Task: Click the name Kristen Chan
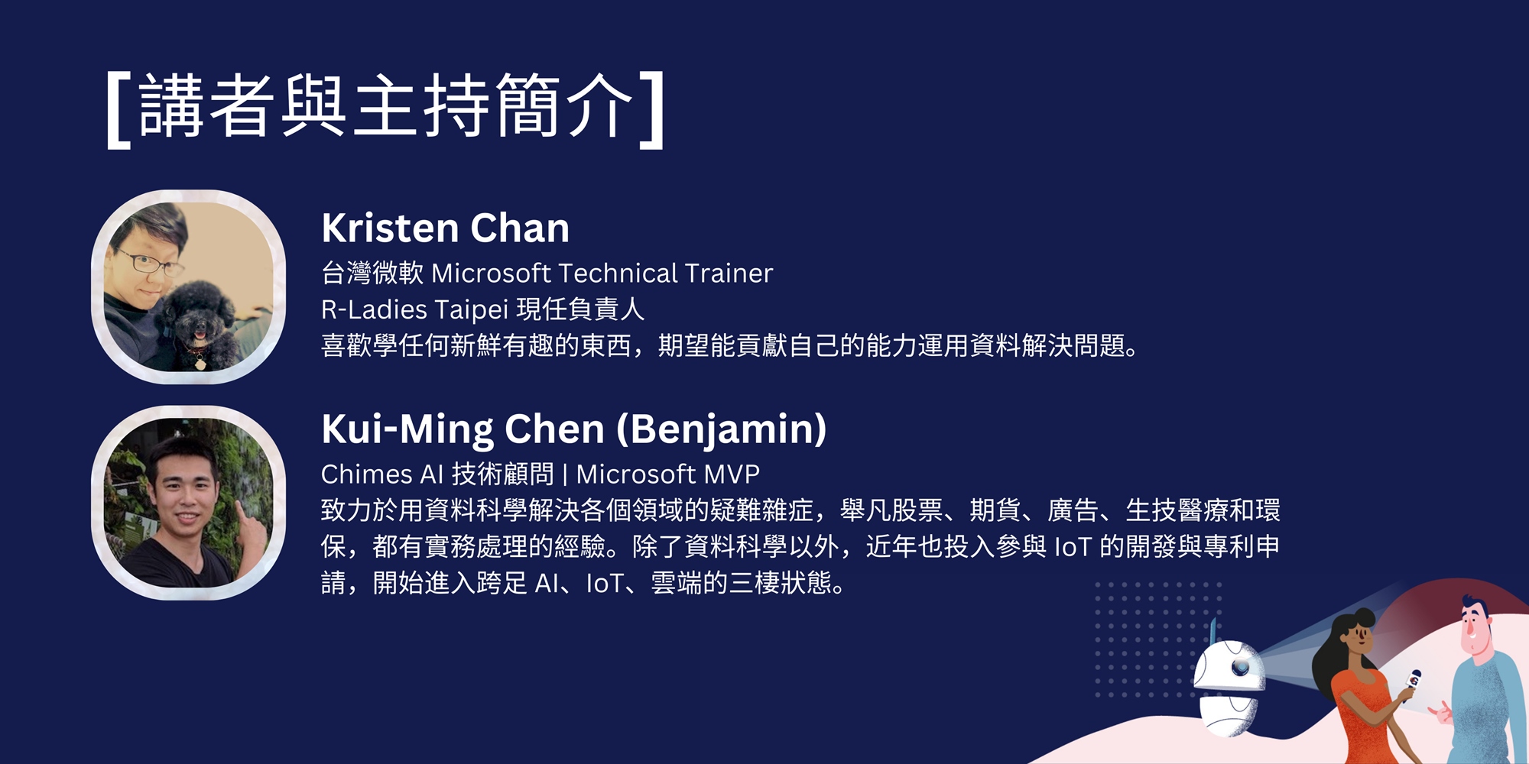point(446,228)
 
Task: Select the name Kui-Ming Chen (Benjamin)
point(574,429)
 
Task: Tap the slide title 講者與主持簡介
point(386,106)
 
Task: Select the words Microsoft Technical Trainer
point(602,273)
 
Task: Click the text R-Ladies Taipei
point(412,309)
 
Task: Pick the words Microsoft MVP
point(668,474)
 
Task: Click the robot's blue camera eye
point(1240,667)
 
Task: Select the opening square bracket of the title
point(118,109)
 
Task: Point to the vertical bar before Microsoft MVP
point(565,474)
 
